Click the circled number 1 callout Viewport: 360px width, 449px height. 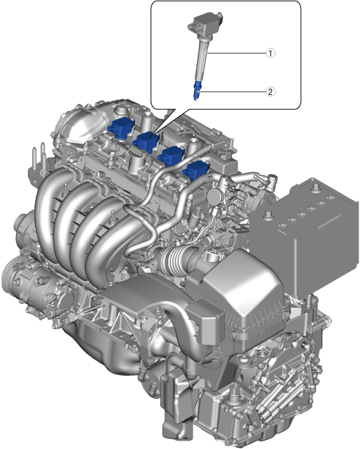271,53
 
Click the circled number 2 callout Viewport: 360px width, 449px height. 271,92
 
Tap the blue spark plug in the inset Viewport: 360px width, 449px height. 197,90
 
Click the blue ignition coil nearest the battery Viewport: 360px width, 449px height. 196,170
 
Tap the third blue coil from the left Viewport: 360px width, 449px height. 172,156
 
